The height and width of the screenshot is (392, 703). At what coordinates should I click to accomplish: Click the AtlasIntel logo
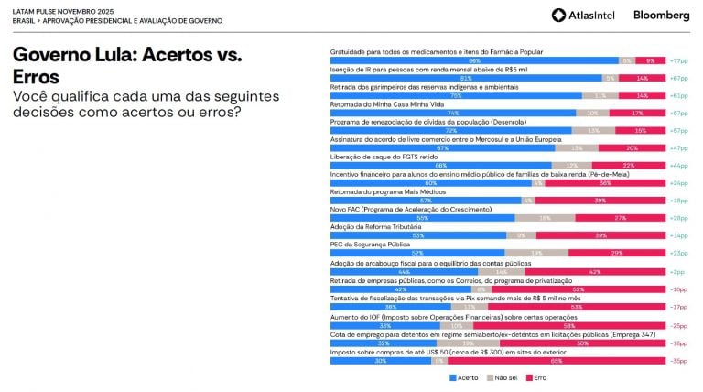[583, 15]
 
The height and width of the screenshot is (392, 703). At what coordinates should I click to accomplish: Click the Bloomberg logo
[661, 15]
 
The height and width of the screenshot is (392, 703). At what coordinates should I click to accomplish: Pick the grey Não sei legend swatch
[489, 376]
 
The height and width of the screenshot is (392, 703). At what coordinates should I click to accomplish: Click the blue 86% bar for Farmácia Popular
[473, 60]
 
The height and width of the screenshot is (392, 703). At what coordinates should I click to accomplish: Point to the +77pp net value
[678, 60]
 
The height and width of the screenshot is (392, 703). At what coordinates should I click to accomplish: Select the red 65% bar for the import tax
[556, 360]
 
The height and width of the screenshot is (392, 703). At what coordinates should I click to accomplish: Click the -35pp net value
[678, 360]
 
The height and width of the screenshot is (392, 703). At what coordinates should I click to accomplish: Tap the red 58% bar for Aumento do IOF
[568, 325]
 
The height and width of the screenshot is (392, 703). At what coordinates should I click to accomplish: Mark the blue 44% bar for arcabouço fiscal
[403, 272]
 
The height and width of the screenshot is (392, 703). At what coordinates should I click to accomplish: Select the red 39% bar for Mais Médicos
[600, 201]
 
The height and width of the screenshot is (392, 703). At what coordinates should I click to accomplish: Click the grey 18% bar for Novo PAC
[545, 218]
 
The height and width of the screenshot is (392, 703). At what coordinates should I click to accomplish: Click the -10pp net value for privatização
[678, 289]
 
